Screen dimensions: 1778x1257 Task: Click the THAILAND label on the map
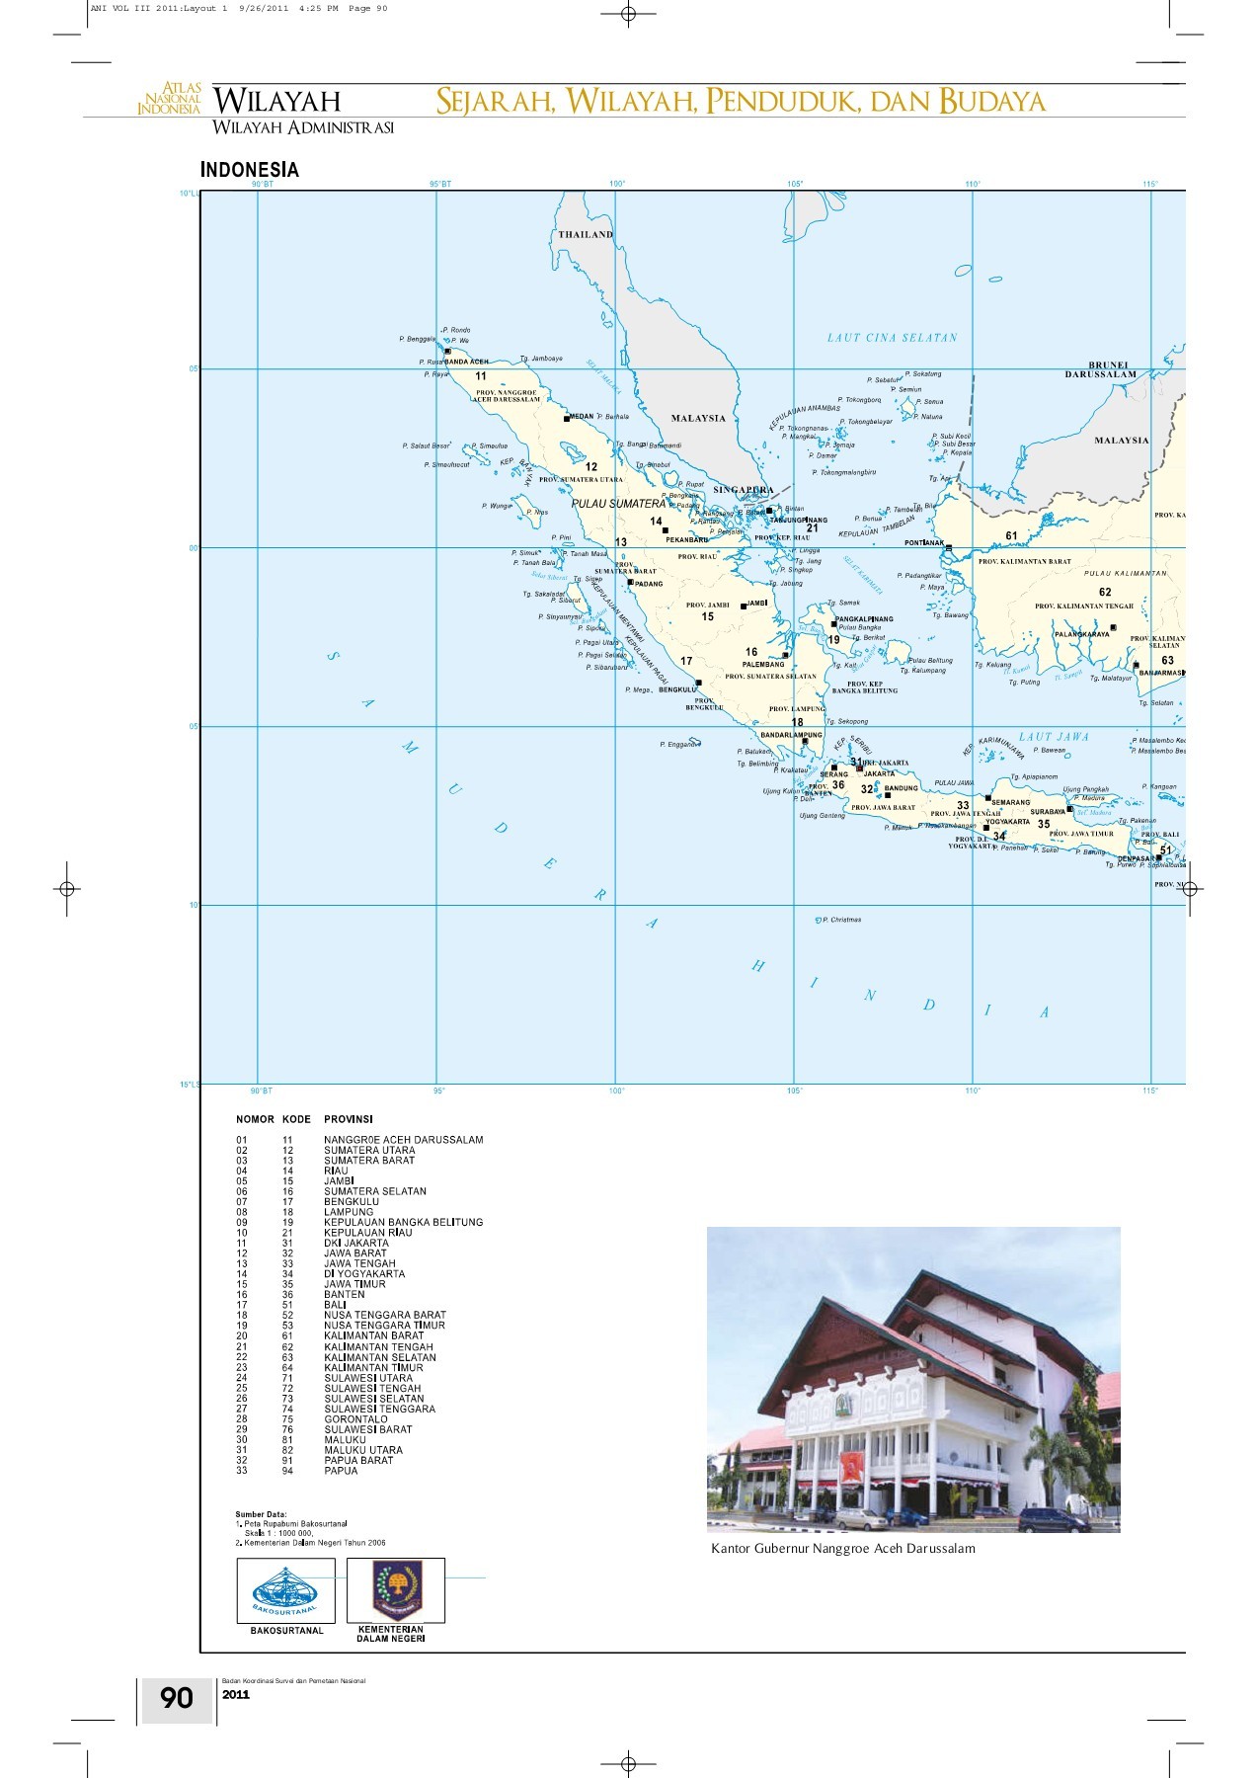[586, 235]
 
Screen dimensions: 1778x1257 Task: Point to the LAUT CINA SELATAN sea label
[892, 338]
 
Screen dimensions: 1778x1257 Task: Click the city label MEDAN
[582, 417]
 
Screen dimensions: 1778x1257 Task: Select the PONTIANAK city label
[924, 543]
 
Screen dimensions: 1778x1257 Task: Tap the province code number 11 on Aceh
[481, 376]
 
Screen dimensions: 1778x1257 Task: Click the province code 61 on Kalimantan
[1011, 536]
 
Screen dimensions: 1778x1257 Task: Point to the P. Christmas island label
[841, 920]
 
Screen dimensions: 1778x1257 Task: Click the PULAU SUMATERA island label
[618, 504]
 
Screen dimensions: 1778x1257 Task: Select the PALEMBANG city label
[763, 665]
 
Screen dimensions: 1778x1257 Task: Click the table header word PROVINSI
[349, 1119]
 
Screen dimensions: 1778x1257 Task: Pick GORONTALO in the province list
[355, 1419]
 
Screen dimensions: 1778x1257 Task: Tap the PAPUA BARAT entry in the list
[358, 1460]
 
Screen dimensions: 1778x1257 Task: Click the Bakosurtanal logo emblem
[285, 1589]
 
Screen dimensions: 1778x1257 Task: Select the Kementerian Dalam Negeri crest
[396, 1589]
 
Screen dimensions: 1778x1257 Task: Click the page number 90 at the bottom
[177, 1698]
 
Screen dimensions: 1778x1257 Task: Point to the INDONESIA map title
[249, 170]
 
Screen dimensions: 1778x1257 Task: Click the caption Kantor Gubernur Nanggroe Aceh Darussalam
[842, 1549]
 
